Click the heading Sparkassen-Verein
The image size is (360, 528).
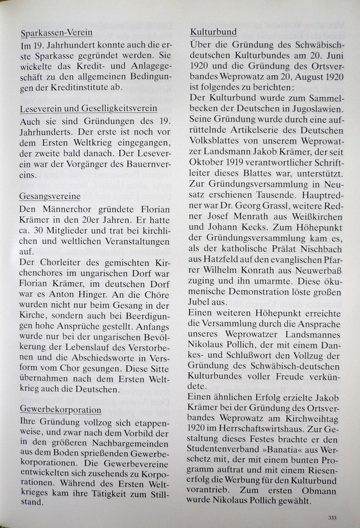(57, 33)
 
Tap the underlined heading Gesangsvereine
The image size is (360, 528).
(50, 196)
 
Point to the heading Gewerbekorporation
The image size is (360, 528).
(60, 409)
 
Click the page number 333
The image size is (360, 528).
(332, 518)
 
